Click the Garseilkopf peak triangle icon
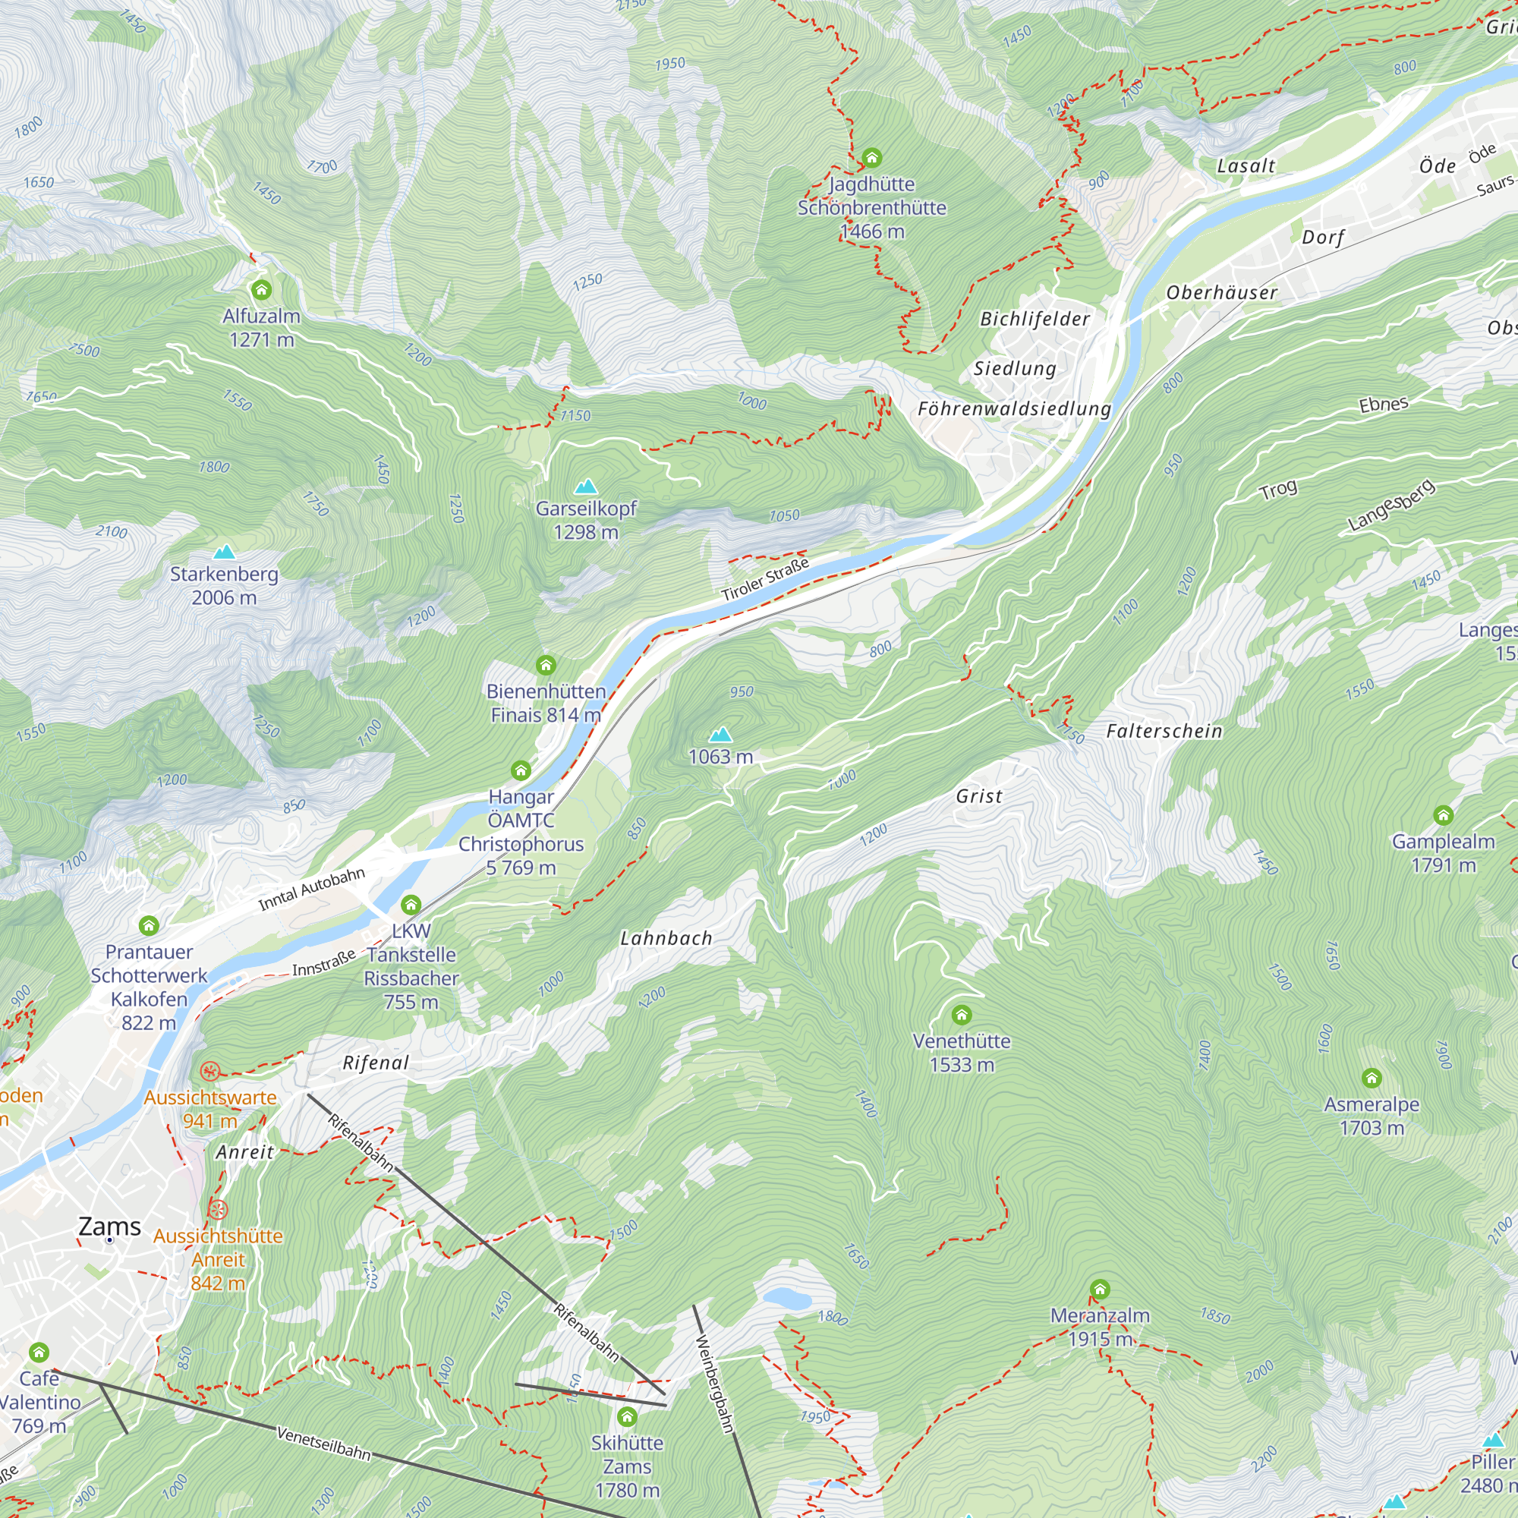tap(585, 487)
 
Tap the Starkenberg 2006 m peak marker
tap(225, 553)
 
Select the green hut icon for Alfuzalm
tap(262, 291)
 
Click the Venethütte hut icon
tap(962, 1015)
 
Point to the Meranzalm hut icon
tap(1100, 1290)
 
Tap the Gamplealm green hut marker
tap(1444, 816)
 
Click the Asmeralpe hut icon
tap(1372, 1078)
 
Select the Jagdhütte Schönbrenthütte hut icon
tap(872, 158)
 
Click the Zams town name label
tap(110, 1227)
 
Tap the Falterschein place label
tap(1164, 732)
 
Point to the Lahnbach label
tap(666, 938)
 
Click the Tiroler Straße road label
tap(765, 580)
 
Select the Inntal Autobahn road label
tap(312, 890)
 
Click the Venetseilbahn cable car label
tap(324, 1444)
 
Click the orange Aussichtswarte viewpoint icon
tap(209, 1072)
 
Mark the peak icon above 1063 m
tap(720, 735)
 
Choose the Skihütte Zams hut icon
tap(627, 1416)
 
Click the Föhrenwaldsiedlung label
tap(1014, 408)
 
